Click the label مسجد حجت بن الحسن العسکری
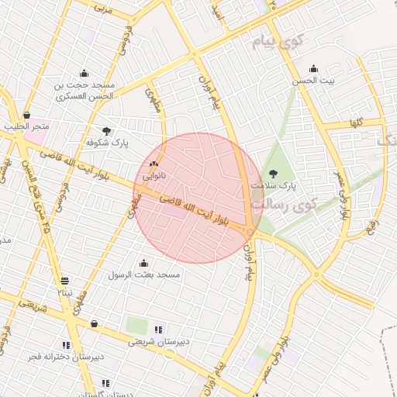point(85,90)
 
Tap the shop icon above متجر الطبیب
point(27,115)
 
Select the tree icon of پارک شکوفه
point(106,131)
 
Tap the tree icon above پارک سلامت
point(273,174)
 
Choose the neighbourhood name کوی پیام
point(274,42)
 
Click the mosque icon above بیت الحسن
point(313,68)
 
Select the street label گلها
point(357,123)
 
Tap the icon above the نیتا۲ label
point(64,281)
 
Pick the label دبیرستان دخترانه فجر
point(66,357)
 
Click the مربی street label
point(102,9)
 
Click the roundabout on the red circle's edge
point(250,232)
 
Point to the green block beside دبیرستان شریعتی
point(136,326)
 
